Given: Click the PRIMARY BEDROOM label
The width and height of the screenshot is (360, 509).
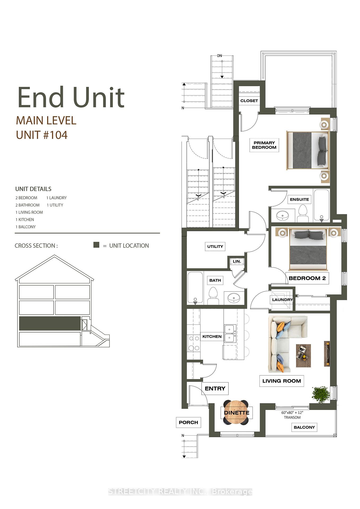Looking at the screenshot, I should coord(264,145).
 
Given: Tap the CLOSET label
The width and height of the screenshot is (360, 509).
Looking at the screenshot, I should coord(249,101).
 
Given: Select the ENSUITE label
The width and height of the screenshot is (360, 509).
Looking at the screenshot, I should coord(299,199).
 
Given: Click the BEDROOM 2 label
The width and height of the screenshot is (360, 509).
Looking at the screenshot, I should coord(307,278).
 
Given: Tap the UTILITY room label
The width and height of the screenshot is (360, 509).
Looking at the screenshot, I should coord(215,247).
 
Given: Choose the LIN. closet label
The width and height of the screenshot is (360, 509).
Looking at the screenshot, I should coord(237,261).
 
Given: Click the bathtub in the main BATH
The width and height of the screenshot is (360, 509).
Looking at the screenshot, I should coord(195,288).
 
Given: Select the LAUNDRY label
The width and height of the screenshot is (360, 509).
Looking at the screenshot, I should coord(282,300).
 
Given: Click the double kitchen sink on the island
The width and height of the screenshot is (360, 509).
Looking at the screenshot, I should coord(229,334).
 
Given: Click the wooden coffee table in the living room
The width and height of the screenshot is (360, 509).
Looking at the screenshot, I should coord(303,356).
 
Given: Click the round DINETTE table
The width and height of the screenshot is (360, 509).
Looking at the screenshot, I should coord(236,413).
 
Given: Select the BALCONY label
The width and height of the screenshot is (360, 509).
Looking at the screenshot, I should coord(304,427).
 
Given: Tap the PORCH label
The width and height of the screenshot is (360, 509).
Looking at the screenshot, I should coord(188,422).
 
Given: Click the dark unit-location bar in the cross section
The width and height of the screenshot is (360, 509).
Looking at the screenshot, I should coord(50,323).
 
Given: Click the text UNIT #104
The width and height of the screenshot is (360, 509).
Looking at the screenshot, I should coord(42,135).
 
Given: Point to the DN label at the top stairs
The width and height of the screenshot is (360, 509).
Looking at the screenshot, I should coord(219,56).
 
